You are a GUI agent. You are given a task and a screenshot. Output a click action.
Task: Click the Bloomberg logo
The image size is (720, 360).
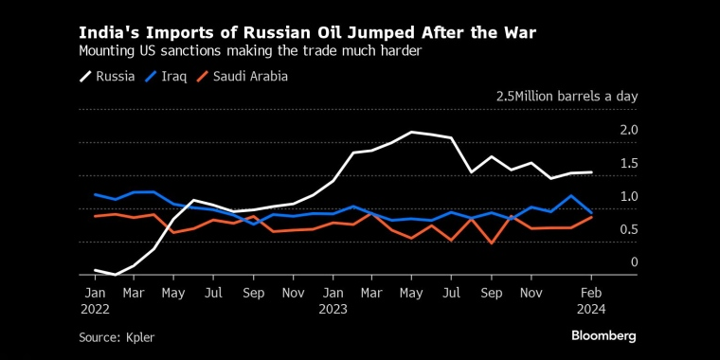[x=603, y=335]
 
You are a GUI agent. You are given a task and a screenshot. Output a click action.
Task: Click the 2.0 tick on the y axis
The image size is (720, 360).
[x=629, y=130]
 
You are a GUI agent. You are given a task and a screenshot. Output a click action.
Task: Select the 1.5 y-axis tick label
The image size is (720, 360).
[x=629, y=164]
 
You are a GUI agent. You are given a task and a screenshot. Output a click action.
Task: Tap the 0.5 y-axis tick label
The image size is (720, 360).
[x=629, y=229]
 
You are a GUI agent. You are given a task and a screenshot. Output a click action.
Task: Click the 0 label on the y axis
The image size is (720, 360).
[x=635, y=262]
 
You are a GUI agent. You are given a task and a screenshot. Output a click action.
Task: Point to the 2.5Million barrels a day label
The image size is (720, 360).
[x=567, y=97]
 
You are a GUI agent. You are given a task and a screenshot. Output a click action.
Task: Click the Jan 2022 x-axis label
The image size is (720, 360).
[x=95, y=300]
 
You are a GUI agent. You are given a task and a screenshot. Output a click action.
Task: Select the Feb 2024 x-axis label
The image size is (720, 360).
[x=592, y=300]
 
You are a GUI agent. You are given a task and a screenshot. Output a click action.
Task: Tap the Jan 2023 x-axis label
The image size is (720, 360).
[x=333, y=300]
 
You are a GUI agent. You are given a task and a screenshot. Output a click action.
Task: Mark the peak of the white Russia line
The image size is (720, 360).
[x=412, y=132]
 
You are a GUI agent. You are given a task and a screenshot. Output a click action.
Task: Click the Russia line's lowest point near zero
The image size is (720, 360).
[x=115, y=274]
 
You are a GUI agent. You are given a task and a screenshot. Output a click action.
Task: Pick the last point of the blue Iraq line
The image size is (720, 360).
[x=592, y=212]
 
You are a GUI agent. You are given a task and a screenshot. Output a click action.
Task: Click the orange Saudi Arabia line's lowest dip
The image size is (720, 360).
[x=492, y=243]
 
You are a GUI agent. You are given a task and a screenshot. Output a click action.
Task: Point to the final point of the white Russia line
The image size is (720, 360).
[x=592, y=172]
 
